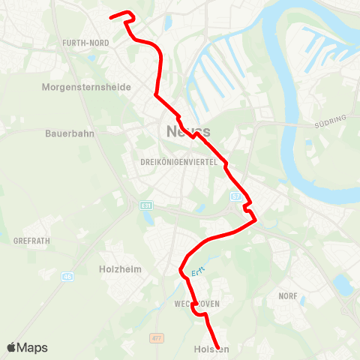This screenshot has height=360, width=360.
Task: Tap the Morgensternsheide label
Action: (x=86, y=87)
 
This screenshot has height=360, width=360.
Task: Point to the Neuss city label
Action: (x=184, y=132)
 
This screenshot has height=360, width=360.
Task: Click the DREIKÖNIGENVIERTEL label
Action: (x=178, y=162)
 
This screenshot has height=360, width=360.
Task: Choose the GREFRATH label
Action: (x=31, y=241)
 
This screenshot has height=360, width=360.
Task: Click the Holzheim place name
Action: (x=120, y=268)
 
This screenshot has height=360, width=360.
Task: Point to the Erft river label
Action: (x=197, y=273)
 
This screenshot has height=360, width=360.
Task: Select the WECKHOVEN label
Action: (x=196, y=304)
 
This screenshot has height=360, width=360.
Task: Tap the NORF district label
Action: (x=288, y=297)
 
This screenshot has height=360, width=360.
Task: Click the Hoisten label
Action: (x=211, y=349)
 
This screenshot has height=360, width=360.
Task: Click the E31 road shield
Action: (x=145, y=205)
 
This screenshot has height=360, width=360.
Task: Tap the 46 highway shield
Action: (x=67, y=276)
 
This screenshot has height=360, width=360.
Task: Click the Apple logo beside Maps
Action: (x=12, y=347)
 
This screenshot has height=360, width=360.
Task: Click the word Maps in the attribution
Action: (x=33, y=348)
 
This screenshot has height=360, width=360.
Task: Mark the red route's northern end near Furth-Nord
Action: (x=111, y=17)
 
